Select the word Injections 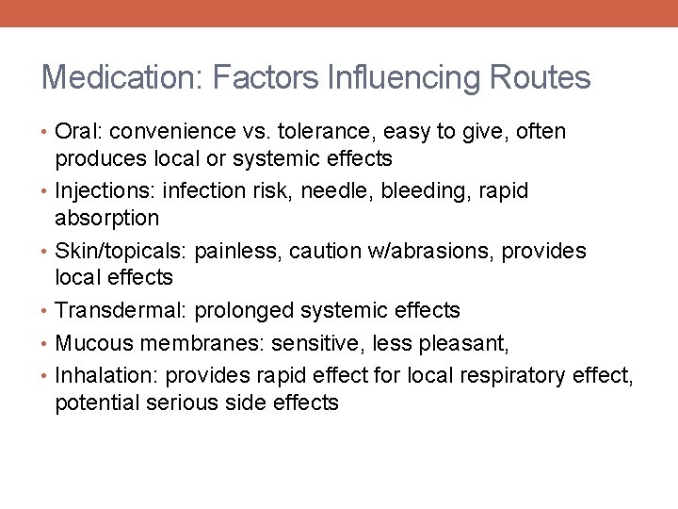click(105, 192)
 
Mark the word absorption click(107, 218)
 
